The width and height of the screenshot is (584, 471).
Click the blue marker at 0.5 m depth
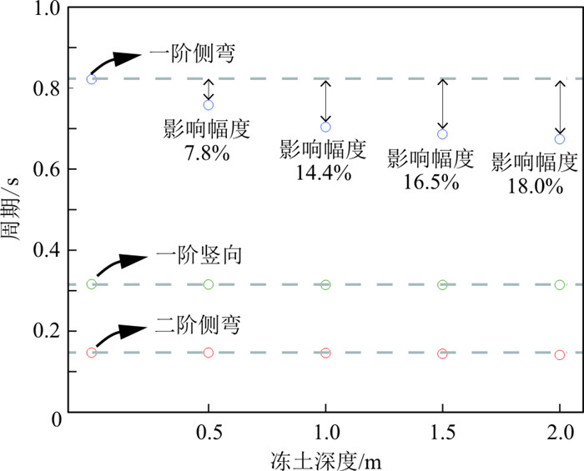[209, 105]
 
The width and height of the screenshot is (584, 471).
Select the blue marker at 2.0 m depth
[560, 138]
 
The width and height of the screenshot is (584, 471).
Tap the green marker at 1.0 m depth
[325, 285]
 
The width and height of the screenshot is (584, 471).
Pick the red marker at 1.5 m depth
[442, 353]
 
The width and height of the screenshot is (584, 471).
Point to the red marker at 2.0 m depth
[560, 355]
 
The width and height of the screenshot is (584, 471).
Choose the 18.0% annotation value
[535, 185]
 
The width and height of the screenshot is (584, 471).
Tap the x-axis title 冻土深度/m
[326, 458]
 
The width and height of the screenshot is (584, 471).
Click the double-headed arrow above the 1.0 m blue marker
[325, 101]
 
